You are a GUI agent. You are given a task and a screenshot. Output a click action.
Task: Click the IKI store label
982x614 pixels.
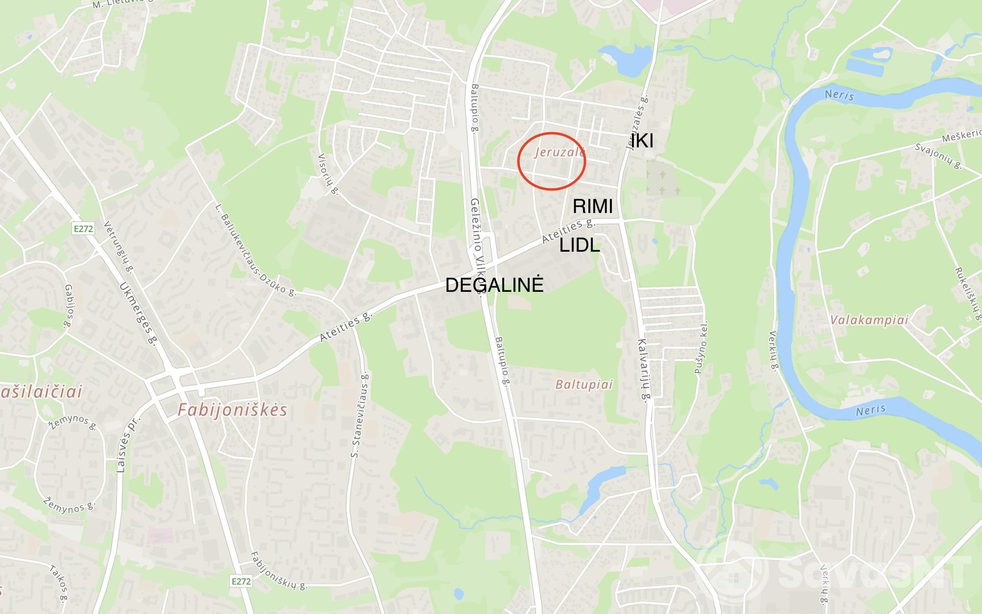click(x=642, y=141)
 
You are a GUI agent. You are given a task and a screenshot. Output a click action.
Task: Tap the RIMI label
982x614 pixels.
click(x=592, y=206)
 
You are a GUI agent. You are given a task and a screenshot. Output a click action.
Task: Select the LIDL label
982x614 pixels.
click(x=580, y=245)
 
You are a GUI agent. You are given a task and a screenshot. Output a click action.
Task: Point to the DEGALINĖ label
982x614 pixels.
click(x=494, y=285)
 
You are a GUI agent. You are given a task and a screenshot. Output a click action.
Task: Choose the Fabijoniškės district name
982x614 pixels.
click(x=232, y=410)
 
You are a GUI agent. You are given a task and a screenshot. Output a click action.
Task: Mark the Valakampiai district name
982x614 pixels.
click(x=869, y=320)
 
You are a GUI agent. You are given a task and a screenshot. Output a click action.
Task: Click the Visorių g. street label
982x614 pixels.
click(x=328, y=174)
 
